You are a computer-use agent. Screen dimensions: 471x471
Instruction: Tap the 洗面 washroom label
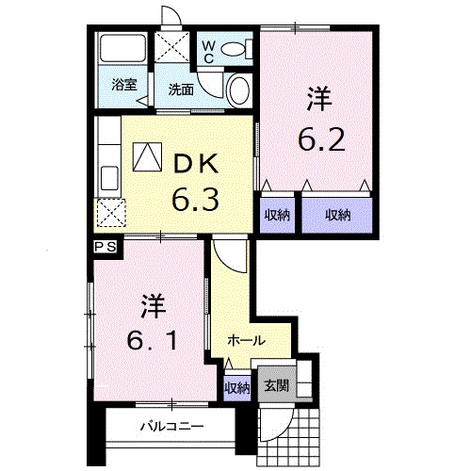[x=181, y=90]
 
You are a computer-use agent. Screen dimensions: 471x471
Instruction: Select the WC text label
[x=208, y=50]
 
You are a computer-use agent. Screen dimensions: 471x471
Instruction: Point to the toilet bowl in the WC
[x=237, y=47]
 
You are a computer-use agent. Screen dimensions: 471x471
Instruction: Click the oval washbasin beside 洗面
[x=239, y=91]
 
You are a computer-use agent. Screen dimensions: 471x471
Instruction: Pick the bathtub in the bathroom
[x=122, y=50]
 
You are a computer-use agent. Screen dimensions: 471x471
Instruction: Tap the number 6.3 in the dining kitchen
[x=195, y=199]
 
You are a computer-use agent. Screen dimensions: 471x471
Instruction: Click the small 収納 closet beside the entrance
[x=237, y=386]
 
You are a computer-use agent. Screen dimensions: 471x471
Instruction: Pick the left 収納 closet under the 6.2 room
[x=277, y=215]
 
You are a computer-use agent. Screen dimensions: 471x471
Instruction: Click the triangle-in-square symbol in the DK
[x=147, y=157]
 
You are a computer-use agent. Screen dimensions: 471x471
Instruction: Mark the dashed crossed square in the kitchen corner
[x=111, y=214]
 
